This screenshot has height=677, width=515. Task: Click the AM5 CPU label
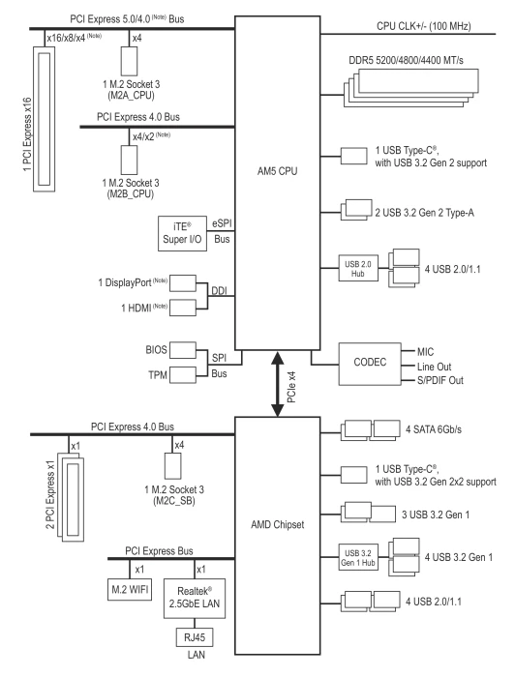(x=278, y=171)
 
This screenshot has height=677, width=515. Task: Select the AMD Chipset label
(x=278, y=524)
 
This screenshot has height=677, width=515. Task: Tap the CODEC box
(x=370, y=364)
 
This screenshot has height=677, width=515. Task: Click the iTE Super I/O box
(x=182, y=233)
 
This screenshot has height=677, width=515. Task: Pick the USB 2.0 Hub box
(x=358, y=269)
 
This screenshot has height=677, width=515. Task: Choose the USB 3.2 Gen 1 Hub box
(x=358, y=557)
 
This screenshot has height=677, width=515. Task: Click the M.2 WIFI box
(x=130, y=589)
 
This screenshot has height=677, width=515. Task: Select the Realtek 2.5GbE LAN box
(x=195, y=598)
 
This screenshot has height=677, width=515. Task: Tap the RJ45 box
(x=195, y=636)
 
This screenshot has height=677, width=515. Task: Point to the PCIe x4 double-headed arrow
(x=278, y=384)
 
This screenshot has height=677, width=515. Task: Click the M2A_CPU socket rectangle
(x=129, y=61)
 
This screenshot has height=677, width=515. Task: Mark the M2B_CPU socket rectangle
(x=129, y=160)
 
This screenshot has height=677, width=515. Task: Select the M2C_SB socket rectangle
(x=173, y=466)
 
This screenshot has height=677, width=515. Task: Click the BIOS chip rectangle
(x=183, y=350)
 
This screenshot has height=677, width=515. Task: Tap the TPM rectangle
(x=183, y=375)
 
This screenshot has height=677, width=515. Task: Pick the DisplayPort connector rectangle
(x=183, y=283)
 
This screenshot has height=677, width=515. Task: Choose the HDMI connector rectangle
(x=183, y=308)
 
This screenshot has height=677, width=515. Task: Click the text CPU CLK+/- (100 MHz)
(x=424, y=26)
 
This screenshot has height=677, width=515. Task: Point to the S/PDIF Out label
(x=440, y=380)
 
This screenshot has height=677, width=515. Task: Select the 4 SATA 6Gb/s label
(x=434, y=429)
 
